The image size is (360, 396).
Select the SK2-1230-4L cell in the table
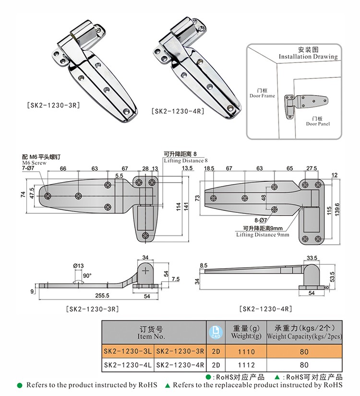click(128, 365)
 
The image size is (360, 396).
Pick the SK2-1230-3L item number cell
click(128, 352)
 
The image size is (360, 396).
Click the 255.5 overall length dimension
click(103, 296)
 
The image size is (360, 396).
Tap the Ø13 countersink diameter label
click(78, 265)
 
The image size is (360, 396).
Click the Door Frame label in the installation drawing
click(262, 96)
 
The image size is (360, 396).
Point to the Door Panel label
click(318, 124)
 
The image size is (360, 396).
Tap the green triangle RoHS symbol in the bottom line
click(168, 385)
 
